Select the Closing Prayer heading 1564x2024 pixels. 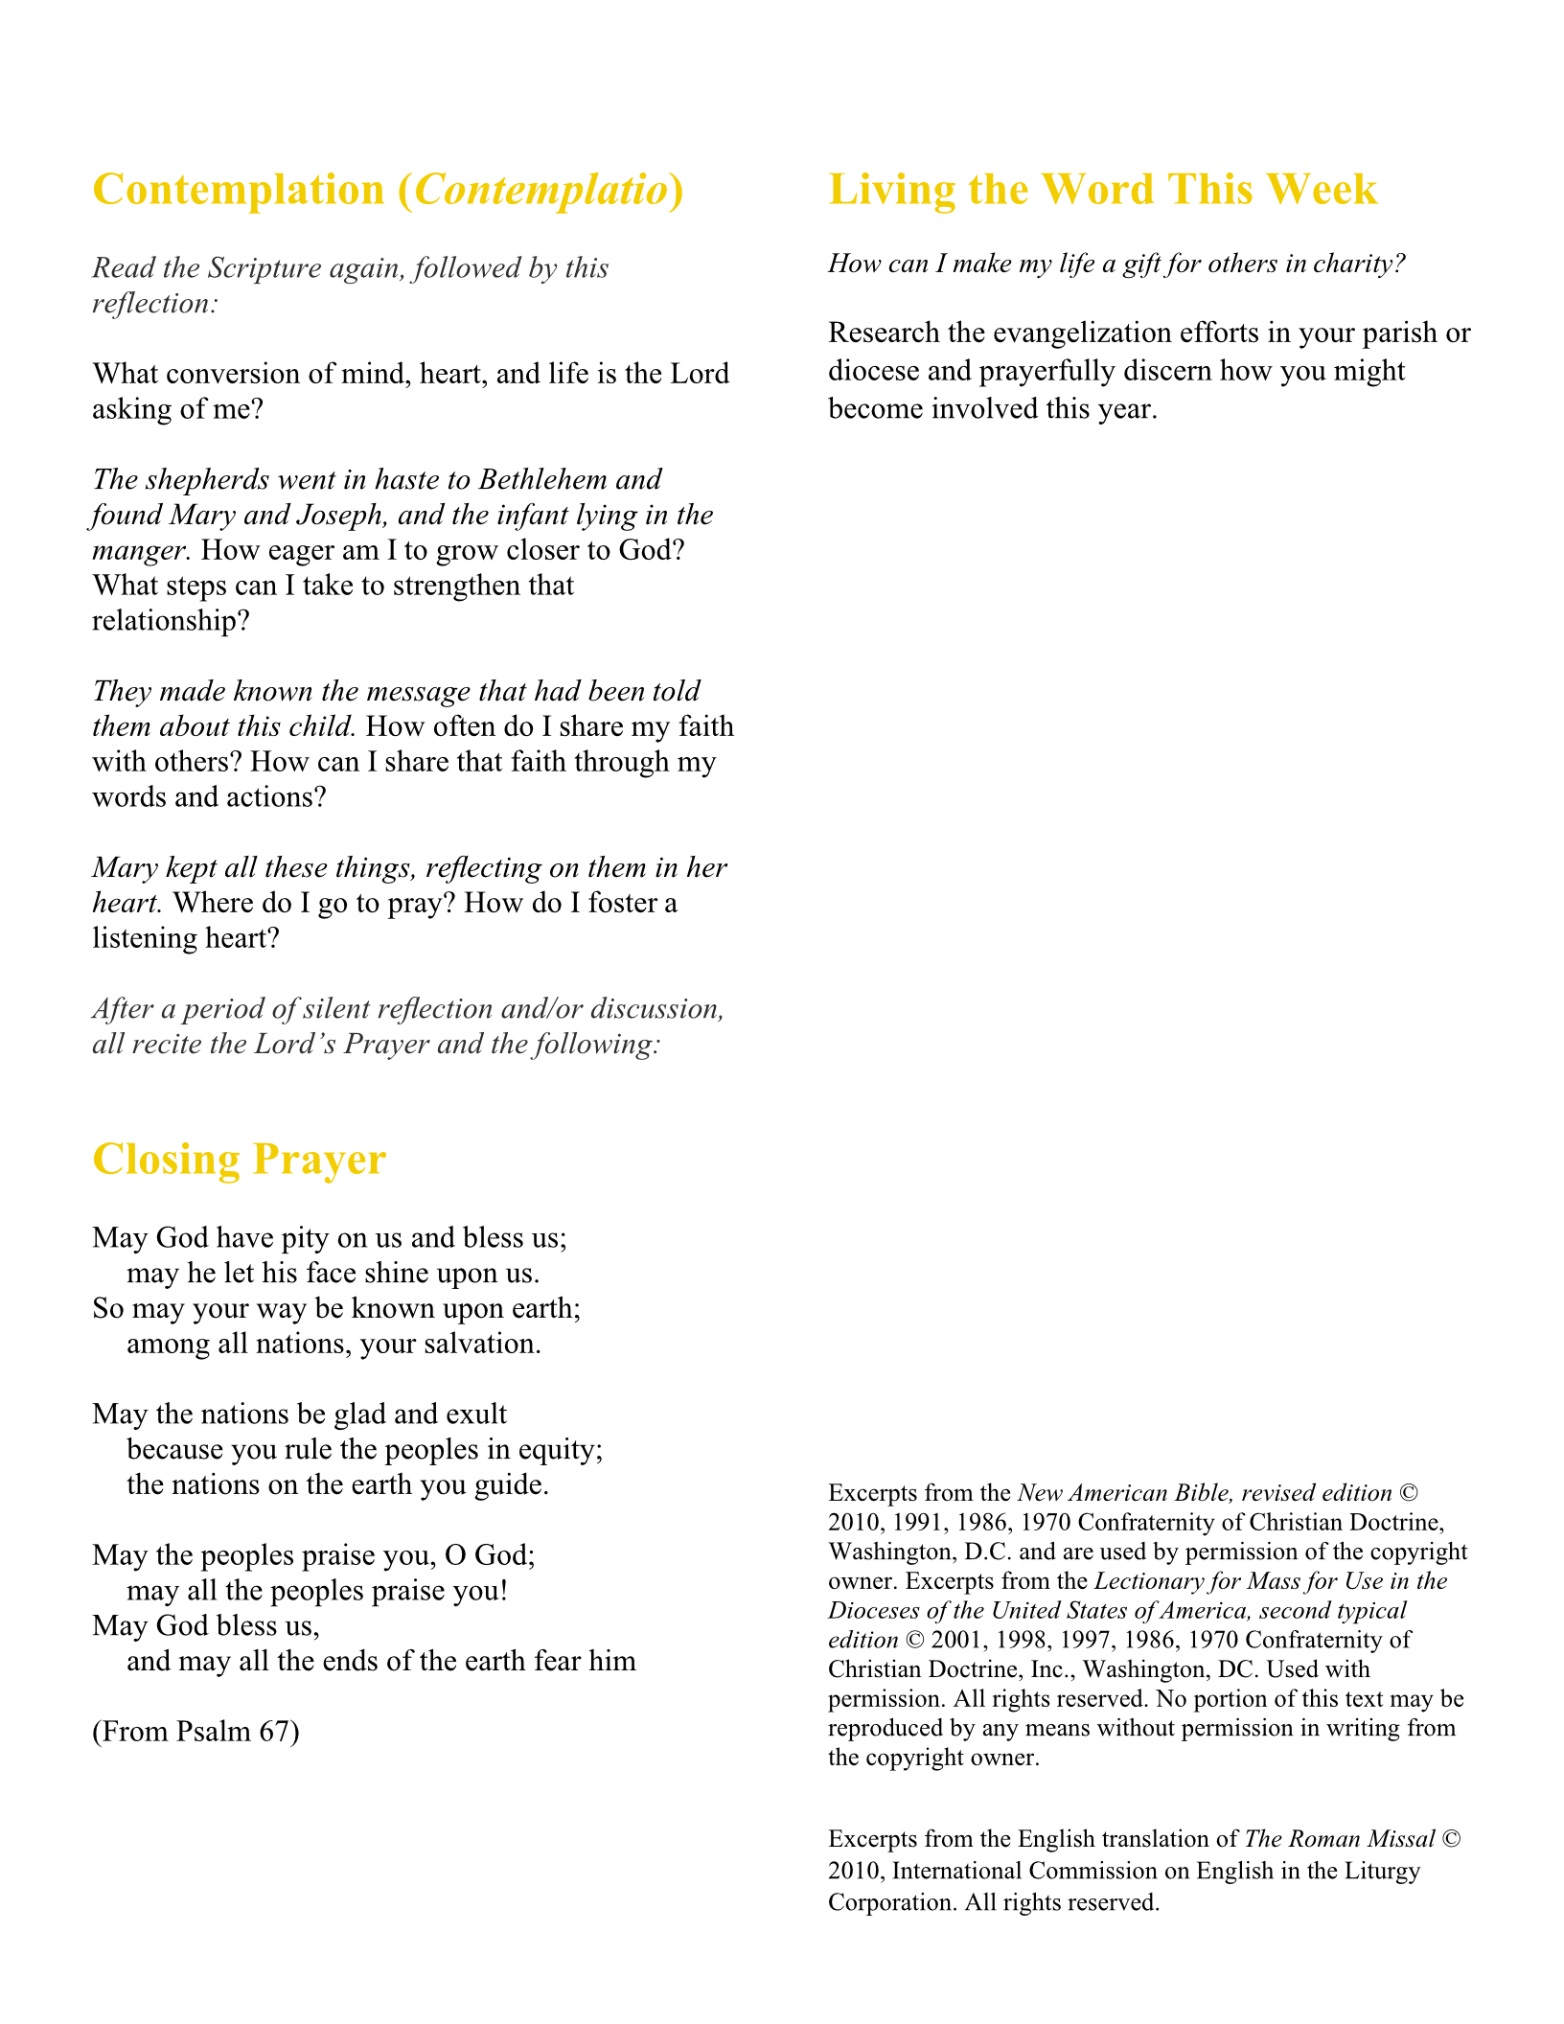click(x=239, y=1160)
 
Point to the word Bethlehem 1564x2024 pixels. click(x=542, y=479)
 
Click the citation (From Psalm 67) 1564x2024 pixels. click(x=195, y=1732)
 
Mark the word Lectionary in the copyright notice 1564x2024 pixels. click(x=1153, y=1581)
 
